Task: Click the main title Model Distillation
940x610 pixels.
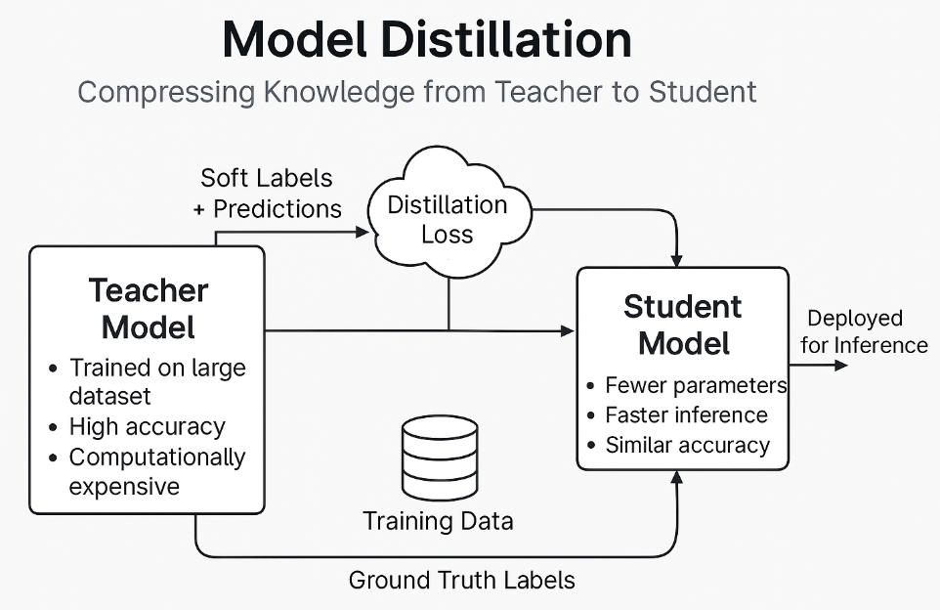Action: [x=427, y=40]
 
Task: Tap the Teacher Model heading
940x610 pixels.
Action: [x=149, y=309]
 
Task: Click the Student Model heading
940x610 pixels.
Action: [x=682, y=325]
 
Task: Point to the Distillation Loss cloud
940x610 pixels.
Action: [x=448, y=219]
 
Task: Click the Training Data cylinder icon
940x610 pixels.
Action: [x=440, y=457]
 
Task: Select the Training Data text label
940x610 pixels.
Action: [x=438, y=521]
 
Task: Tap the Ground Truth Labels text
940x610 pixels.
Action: [x=461, y=580]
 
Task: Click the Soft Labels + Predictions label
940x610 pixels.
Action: [x=267, y=194]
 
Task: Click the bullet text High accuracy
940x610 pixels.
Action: [x=147, y=427]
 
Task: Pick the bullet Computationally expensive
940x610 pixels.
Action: [x=156, y=471]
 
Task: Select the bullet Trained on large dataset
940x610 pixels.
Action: [x=156, y=382]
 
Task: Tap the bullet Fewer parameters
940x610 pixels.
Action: [x=696, y=385]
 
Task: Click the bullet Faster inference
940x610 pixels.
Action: [x=686, y=415]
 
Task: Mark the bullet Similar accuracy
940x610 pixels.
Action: [x=687, y=446]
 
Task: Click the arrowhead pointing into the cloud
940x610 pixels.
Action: [x=363, y=232]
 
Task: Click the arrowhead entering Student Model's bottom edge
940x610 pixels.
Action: [x=676, y=477]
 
